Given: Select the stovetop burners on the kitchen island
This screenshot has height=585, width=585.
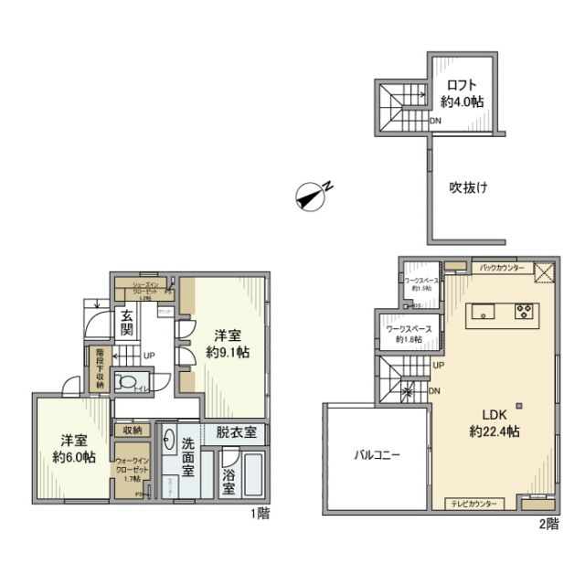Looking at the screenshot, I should (525, 312).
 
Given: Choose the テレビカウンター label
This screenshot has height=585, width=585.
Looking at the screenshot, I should (473, 504).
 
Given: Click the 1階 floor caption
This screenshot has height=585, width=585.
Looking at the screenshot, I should (260, 514).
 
